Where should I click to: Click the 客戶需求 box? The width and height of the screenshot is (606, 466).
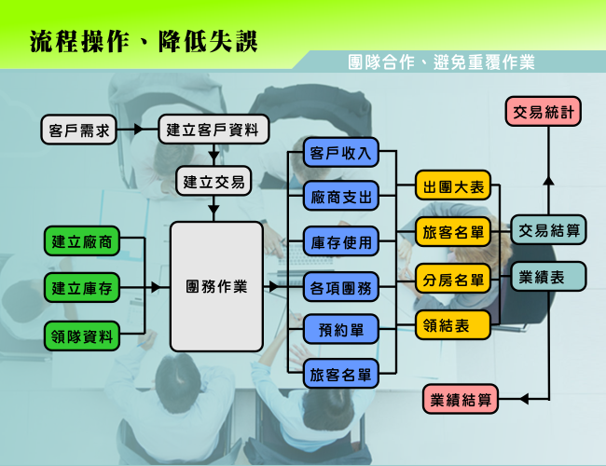coord(78,130)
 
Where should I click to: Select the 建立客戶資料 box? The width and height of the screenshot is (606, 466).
coord(213,129)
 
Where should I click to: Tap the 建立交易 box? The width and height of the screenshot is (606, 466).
coord(213,181)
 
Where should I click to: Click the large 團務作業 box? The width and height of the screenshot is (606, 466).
coord(216,287)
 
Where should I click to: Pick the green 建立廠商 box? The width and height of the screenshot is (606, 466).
coord(81,241)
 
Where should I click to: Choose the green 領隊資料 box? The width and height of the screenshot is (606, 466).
coord(81,336)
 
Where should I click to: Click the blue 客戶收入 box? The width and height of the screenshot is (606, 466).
coord(340,152)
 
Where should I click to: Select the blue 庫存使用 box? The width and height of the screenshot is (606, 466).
coord(340,241)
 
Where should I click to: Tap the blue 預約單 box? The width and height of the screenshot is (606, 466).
coord(340,329)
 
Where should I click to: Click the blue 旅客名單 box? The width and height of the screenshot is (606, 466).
coord(340,374)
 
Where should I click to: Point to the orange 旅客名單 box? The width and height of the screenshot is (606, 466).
coord(453,232)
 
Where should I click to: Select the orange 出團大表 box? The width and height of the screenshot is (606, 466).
coord(453,185)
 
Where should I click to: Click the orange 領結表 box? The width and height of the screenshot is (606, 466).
coord(453,325)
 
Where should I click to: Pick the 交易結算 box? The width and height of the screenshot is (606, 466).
coord(548,230)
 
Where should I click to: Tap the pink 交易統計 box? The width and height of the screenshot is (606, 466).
coord(544,112)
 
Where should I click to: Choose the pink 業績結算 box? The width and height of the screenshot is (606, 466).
coord(461,399)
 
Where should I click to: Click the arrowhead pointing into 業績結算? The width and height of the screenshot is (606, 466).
coord(524,399)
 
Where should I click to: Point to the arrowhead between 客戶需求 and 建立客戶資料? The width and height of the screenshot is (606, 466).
coord(138,129)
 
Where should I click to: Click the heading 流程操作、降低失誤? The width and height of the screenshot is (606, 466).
coord(144,41)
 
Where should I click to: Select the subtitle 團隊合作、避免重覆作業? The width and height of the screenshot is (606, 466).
coord(441,62)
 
